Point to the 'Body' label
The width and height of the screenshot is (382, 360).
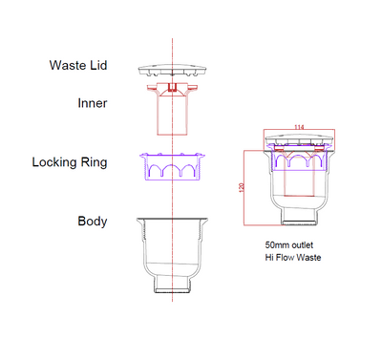tap(92, 222)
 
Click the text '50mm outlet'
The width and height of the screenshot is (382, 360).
tap(290, 244)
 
